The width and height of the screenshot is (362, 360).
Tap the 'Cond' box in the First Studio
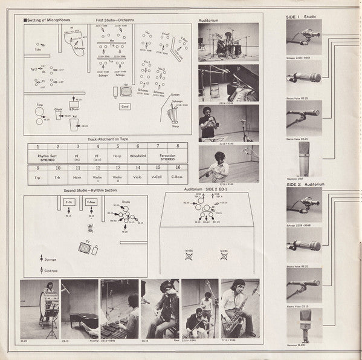tap(126, 106)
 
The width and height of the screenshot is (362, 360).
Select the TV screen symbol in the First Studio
tap(126, 92)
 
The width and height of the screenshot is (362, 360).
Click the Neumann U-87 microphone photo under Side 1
tap(304, 159)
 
